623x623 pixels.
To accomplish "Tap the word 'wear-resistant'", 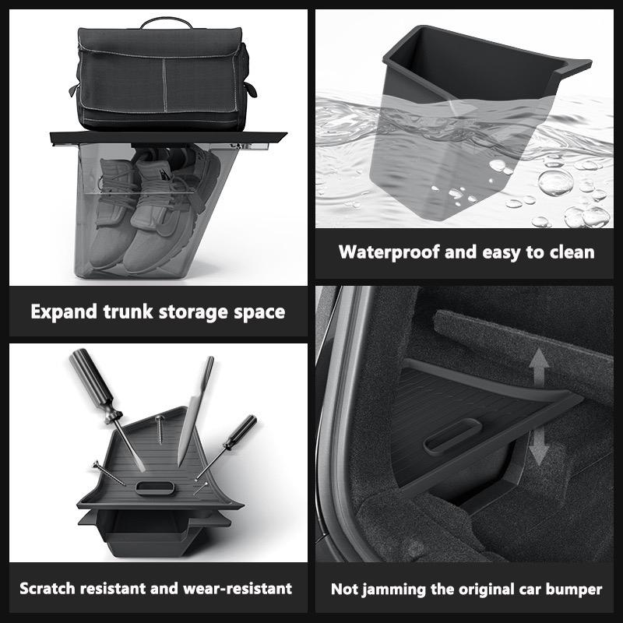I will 238,588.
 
